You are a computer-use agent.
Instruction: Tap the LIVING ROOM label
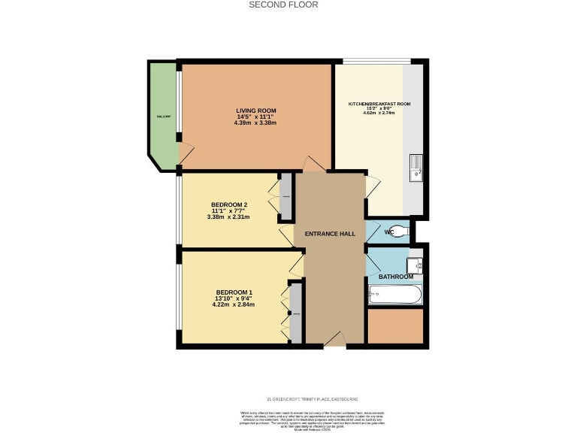[256, 111]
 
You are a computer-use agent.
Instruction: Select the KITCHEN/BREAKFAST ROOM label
[379, 103]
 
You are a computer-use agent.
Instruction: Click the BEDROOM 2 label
[228, 204]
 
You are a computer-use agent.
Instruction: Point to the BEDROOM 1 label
[234, 292]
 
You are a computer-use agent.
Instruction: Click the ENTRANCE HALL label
[330, 234]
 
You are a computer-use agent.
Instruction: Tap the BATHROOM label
[395, 277]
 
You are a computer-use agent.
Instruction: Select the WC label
[388, 232]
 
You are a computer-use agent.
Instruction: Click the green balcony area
[162, 113]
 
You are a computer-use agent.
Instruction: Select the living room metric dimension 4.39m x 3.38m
[255, 123]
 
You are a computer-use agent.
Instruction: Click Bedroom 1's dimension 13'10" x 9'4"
[234, 298]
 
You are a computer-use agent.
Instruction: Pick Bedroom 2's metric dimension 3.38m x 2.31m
[228, 217]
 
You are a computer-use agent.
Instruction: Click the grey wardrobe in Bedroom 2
[285, 197]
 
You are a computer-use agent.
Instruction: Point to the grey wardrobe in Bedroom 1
[296, 312]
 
